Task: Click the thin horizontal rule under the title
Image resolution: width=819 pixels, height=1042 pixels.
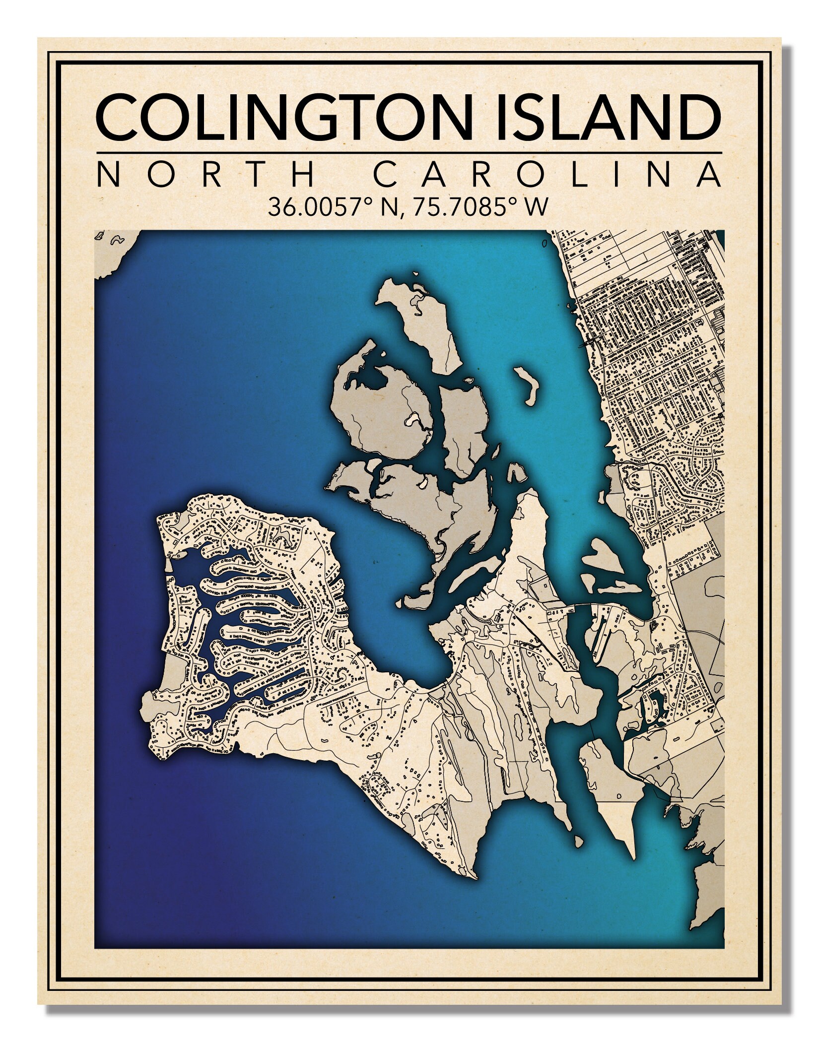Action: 409,152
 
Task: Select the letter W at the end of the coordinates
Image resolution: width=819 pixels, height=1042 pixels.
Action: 537,207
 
